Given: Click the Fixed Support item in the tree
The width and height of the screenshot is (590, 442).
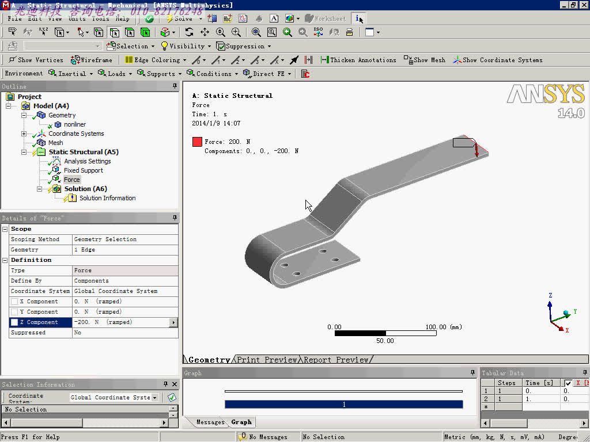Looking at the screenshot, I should pos(83,170).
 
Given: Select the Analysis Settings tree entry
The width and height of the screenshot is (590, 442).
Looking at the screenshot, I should pos(87,161).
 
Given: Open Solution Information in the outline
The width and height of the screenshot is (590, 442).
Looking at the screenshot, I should pos(107,198).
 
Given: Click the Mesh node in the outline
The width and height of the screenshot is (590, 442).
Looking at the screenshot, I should pos(55,143).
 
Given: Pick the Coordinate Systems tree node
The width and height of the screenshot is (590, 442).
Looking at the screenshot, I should pos(76,134).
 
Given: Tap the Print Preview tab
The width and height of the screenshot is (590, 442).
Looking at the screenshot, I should pos(267,360).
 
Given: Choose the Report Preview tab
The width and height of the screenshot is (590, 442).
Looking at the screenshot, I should pos(336,360).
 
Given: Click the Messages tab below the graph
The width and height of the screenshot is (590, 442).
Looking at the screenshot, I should pos(210,422).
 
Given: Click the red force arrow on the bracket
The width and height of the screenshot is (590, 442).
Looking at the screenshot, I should pos(476,150).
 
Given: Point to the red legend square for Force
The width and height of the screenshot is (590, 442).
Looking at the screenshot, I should pos(197,142).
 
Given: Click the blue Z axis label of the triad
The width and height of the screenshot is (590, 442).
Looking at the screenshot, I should pos(550,296).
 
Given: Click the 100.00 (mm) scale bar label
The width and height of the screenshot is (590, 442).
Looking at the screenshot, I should pos(444,327).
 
